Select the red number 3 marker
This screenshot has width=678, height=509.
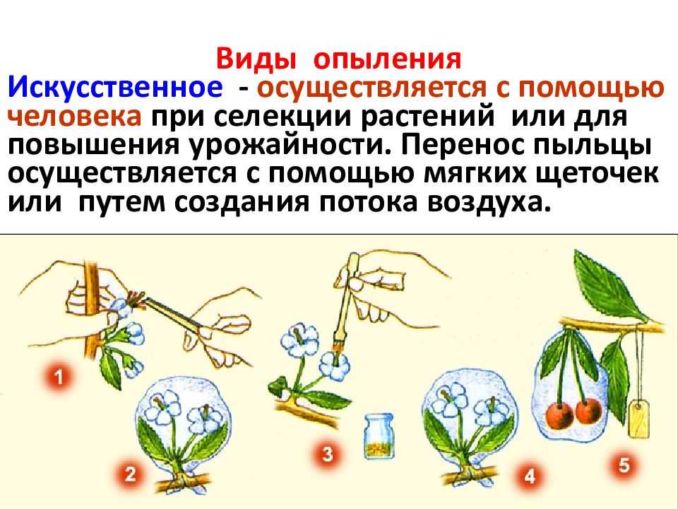[x=327, y=455]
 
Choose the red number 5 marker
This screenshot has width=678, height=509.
[x=624, y=466]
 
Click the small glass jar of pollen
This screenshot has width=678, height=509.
[x=379, y=435]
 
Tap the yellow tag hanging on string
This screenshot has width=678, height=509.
[x=638, y=418]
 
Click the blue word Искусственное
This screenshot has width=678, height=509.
[x=115, y=88]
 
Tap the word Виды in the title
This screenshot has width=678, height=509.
[x=256, y=59]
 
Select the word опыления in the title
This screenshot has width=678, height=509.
[x=387, y=59]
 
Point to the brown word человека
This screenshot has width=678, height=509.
[x=75, y=117]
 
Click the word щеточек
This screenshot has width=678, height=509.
[x=597, y=175]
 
